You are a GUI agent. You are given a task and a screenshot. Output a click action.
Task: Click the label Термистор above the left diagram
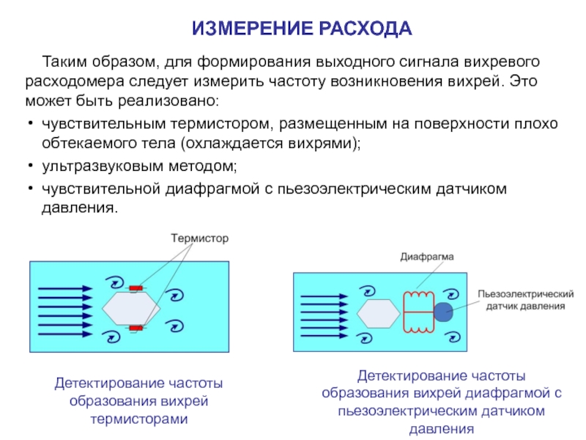(200, 238)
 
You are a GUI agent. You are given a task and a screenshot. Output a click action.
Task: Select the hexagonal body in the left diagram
(132, 309)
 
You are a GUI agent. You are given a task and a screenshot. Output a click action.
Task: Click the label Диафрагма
(427, 257)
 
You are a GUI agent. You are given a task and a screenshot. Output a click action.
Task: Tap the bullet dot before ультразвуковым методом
(28, 166)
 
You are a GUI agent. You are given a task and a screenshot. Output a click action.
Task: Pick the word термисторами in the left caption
(139, 419)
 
